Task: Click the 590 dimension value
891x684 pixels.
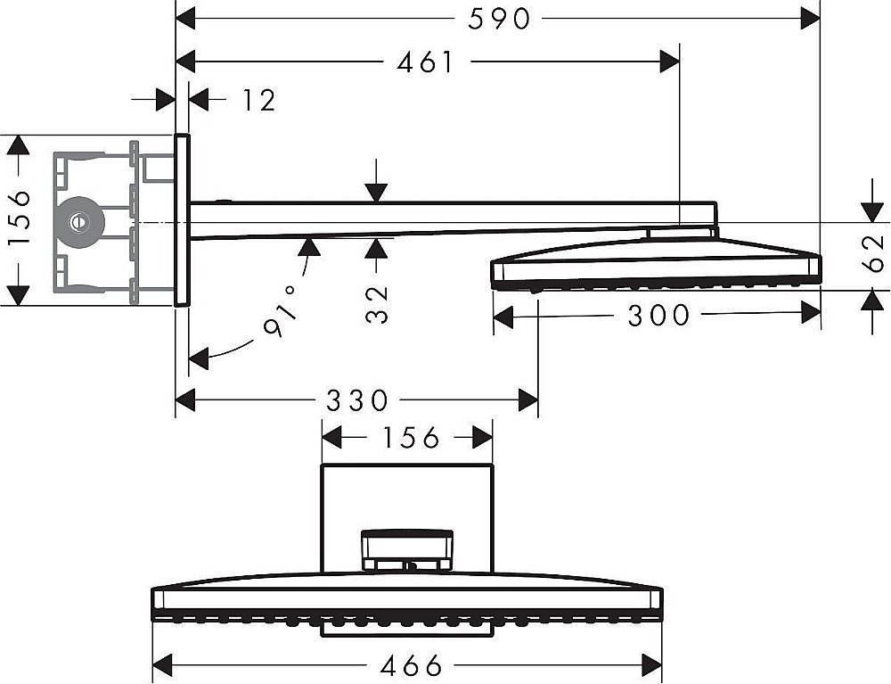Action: [x=499, y=20]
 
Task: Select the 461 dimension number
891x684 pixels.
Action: [x=426, y=62]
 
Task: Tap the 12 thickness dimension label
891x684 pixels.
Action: [x=259, y=101]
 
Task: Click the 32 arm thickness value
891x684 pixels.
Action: [x=376, y=304]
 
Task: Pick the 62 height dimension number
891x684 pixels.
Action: [x=873, y=253]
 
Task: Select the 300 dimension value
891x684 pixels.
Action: [x=658, y=316]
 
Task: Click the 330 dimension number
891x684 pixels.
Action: [x=357, y=400]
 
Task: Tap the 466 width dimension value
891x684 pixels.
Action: [x=411, y=665]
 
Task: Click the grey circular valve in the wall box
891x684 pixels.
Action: [x=80, y=222]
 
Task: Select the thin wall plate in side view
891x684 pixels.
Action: [x=183, y=220]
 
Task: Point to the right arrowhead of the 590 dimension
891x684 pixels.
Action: [x=810, y=20]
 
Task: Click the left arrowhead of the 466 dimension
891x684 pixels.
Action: [x=163, y=665]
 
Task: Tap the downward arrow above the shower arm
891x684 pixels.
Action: [x=376, y=181]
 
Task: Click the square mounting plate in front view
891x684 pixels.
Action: [x=407, y=518]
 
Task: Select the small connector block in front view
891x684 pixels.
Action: [x=407, y=550]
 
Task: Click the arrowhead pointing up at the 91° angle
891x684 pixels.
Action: [x=307, y=247]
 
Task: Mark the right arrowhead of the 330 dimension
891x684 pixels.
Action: [x=527, y=400]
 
